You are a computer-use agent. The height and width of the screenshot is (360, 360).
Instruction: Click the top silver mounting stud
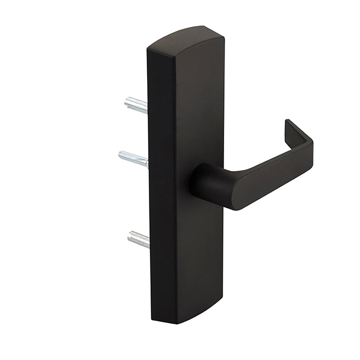pos(136,104)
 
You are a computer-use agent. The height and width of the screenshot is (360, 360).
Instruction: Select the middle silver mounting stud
pos(133,159)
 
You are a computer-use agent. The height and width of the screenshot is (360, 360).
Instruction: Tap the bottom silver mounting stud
pos(138,239)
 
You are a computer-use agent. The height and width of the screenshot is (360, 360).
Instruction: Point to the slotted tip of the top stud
pos(127,102)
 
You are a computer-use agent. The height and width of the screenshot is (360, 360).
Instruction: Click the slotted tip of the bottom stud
pos(130,236)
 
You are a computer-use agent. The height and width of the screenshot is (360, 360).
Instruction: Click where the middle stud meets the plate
pos(147,162)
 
